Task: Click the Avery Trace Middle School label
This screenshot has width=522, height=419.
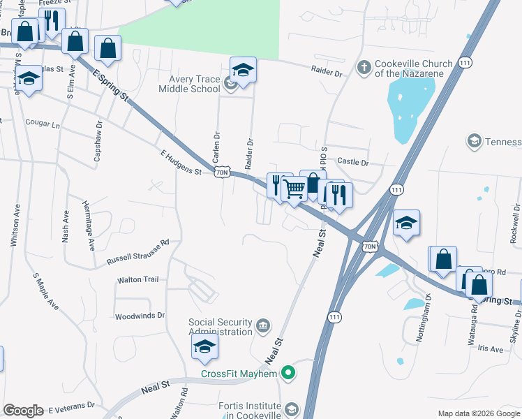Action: pos(188,84)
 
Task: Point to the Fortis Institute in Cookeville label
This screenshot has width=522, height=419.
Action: pos(248,411)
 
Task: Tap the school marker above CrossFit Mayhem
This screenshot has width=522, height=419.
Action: pos(204,346)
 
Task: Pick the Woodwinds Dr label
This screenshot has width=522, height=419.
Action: pos(140,316)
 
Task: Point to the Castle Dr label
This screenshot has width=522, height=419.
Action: pos(352,162)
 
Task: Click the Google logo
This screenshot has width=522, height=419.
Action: pos(23,411)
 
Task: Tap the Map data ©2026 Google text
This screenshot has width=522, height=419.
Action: pos(478,413)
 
